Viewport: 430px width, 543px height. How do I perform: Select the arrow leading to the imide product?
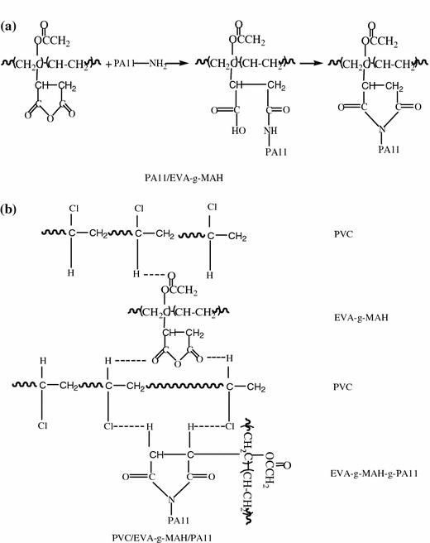pos(308,62)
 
